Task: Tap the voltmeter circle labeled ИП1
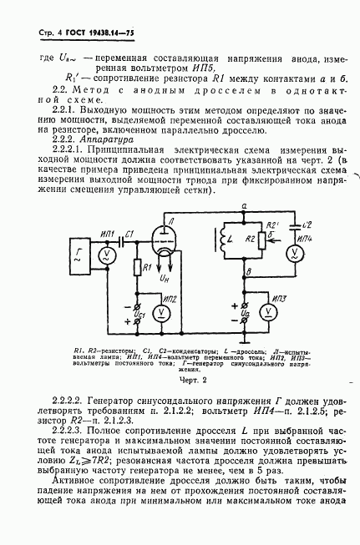[x=105, y=255]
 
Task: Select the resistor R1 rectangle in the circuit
[x=136, y=270]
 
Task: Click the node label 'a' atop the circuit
[x=243, y=205]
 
